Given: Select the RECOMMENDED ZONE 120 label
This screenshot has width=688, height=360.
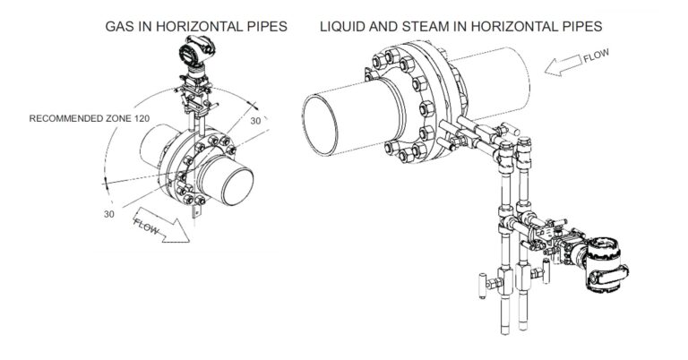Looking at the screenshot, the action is [89, 118].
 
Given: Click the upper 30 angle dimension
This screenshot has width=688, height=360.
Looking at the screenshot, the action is [255, 121].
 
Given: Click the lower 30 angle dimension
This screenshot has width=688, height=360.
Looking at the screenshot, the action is [108, 214].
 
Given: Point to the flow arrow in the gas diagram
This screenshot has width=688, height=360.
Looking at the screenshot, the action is [161, 225].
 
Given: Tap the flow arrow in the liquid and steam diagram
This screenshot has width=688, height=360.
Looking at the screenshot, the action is [563, 64].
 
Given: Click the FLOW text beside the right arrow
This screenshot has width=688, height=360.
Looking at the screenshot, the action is [596, 56].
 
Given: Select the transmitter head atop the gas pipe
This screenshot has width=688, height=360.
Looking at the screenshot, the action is [196, 52].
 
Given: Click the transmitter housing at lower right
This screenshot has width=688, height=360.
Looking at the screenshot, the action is [606, 265].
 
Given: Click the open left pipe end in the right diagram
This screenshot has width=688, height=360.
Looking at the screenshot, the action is [321, 126].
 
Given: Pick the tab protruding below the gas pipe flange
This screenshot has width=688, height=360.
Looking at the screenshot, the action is [196, 213].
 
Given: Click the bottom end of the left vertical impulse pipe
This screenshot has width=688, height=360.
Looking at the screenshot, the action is [505, 332].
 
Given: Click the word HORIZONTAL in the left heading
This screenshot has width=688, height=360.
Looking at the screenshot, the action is [197, 26].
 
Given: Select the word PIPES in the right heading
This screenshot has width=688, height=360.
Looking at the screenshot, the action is [582, 26].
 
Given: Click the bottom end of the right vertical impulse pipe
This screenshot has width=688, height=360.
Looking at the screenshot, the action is [522, 327].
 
